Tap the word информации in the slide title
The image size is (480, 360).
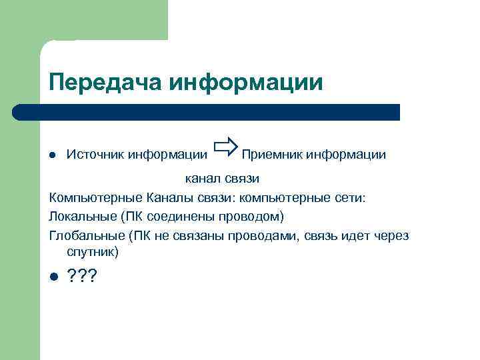tap(246, 82)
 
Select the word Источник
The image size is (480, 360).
tap(94, 155)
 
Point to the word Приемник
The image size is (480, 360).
tap(270, 155)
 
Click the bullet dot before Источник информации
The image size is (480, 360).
tap(53, 155)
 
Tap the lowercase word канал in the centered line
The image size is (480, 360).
tap(202, 179)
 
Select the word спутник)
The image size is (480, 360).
tap(93, 253)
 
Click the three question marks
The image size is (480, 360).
tap(83, 277)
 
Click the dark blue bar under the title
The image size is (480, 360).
tap(207, 112)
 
